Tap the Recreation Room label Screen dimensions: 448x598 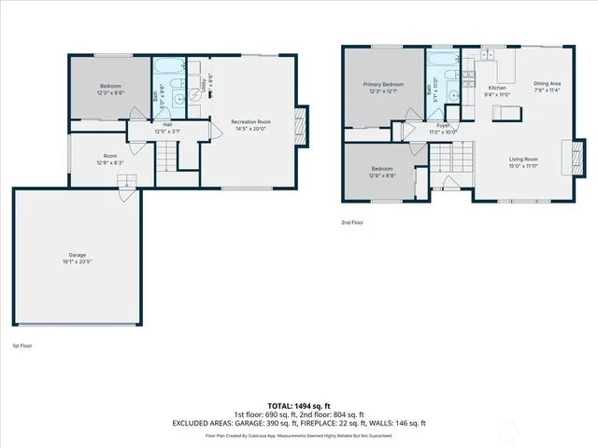pyautogui.click(x=251, y=121)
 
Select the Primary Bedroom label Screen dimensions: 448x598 pyautogui.click(x=382, y=84)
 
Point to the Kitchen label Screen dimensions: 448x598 pyautogui.click(x=495, y=88)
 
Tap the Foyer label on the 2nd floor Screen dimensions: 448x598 pyautogui.click(x=443, y=125)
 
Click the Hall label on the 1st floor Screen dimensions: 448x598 pyautogui.click(x=167, y=124)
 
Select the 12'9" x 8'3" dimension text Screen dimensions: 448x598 pyautogui.click(x=110, y=162)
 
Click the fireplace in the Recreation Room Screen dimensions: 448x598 pyautogui.click(x=300, y=121)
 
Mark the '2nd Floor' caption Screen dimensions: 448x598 pyautogui.click(x=353, y=222)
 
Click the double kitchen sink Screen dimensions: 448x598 pyautogui.click(x=487, y=55)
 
